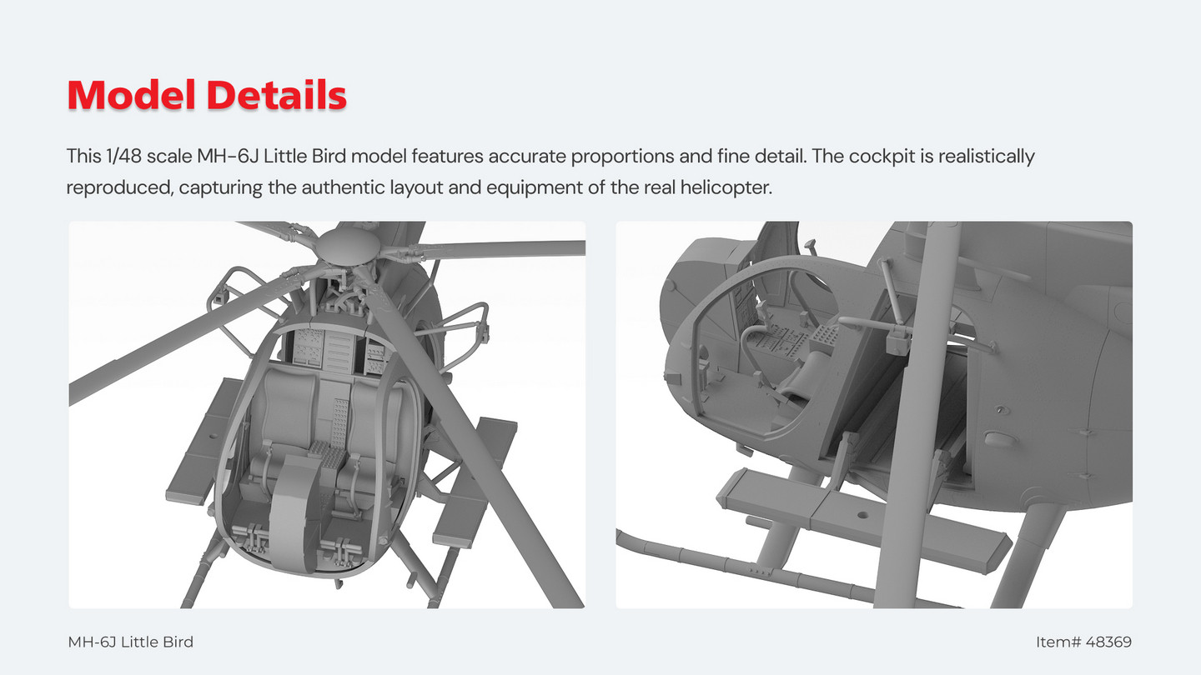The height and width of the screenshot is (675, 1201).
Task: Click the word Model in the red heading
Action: click(131, 95)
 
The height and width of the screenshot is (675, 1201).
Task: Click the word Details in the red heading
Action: click(277, 95)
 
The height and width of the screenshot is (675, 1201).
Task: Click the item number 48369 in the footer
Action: click(1108, 642)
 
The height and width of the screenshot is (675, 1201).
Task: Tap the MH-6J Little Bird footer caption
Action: click(130, 642)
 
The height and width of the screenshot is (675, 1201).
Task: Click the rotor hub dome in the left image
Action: click(347, 244)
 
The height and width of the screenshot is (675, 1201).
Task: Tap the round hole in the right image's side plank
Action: click(862, 515)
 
